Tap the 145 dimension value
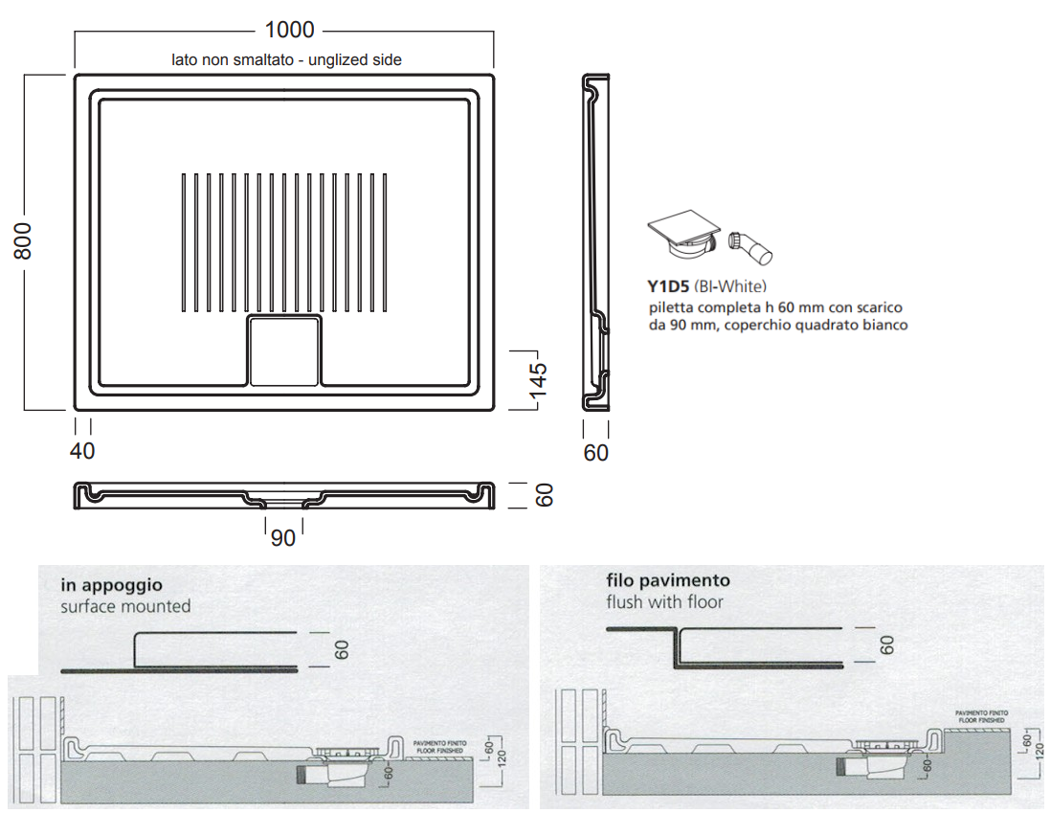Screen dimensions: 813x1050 [x=538, y=380]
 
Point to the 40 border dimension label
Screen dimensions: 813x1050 [x=83, y=450]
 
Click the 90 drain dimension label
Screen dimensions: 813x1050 [x=283, y=538]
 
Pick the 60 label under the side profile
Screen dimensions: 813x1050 [x=595, y=452]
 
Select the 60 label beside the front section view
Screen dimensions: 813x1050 [x=544, y=495]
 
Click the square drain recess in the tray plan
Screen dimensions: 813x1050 [x=284, y=350]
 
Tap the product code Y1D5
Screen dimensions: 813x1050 [x=667, y=285]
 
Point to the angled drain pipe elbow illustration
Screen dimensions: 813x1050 [x=749, y=246]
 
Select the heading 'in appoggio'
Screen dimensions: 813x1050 [x=111, y=585]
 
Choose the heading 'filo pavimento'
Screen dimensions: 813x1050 [x=667, y=580]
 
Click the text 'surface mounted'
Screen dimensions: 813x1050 [x=125, y=606]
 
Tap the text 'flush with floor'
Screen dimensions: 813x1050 [x=664, y=601]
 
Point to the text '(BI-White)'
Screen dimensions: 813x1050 [x=730, y=285]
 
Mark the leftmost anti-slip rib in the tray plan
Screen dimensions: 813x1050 [x=184, y=242]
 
